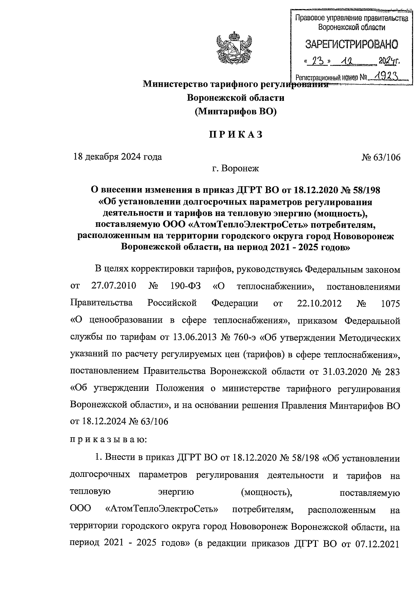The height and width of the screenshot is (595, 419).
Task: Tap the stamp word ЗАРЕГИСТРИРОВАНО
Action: pos(352,44)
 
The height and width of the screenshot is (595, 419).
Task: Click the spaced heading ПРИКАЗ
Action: pos(236,135)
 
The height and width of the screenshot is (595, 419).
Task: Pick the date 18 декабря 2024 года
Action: pos(117,157)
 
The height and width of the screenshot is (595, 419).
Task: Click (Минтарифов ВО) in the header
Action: pos(236,111)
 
